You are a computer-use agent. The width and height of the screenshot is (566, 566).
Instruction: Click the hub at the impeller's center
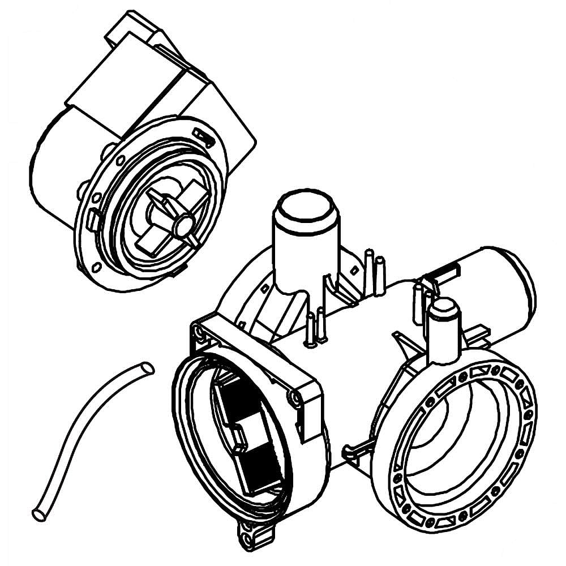tap(182, 226)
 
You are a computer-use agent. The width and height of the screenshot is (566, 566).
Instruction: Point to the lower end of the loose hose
tap(39, 515)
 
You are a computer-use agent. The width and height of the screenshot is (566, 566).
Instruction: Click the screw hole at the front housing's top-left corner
tap(199, 330)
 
